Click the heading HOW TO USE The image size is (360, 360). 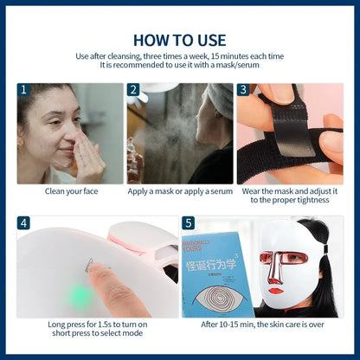180,40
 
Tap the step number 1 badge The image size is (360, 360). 23,90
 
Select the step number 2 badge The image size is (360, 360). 134,90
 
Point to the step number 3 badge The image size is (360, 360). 243,90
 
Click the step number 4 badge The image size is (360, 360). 23,223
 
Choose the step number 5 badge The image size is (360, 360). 189,223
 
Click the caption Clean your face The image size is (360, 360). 70,190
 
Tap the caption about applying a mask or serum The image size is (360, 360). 180,190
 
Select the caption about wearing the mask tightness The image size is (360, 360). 290,195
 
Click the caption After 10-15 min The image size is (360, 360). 262,325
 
